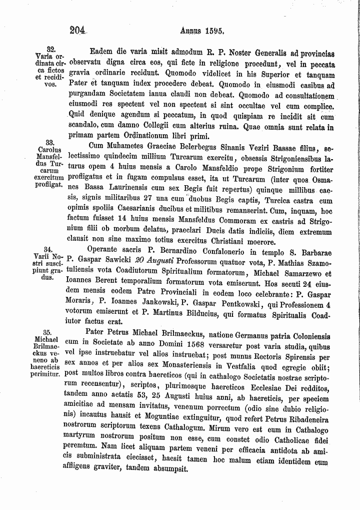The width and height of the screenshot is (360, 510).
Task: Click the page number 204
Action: pos(78,29)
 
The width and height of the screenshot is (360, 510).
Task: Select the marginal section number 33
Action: pos(49,142)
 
